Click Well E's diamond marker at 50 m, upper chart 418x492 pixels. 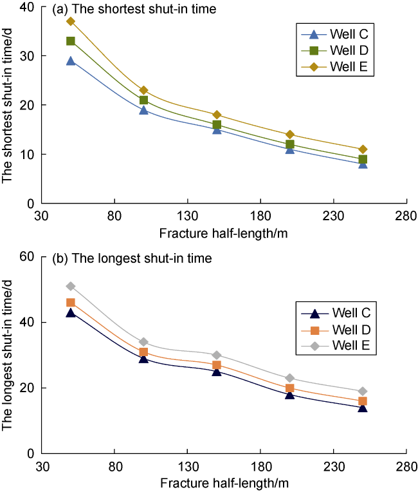click(x=71, y=21)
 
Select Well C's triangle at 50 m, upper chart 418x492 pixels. click(x=71, y=61)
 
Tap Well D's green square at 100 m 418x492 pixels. click(x=143, y=100)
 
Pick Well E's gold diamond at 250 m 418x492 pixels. click(x=363, y=149)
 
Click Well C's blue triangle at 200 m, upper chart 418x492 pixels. click(x=290, y=149)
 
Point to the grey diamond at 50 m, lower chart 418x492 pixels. click(x=71, y=286)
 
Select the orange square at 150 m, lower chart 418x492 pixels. click(x=217, y=365)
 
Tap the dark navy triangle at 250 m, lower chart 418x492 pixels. click(x=363, y=407)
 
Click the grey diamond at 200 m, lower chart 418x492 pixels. click(x=290, y=378)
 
